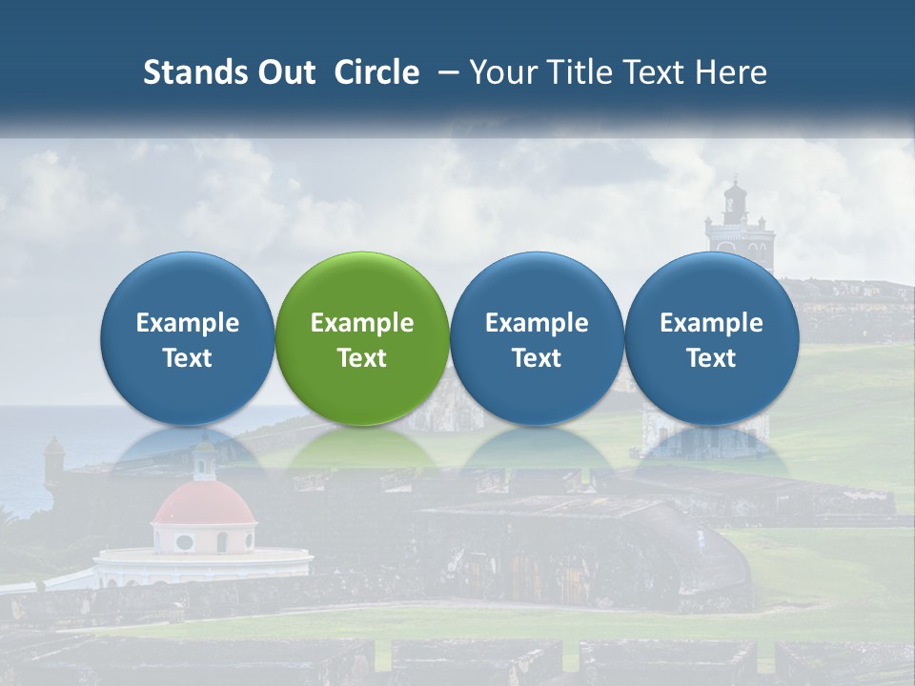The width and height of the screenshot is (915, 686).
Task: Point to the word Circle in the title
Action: (x=376, y=72)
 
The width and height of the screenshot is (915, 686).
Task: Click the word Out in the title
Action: (x=284, y=72)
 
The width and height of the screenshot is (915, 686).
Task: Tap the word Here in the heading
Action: (x=731, y=72)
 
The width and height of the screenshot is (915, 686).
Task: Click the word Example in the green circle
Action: (x=362, y=323)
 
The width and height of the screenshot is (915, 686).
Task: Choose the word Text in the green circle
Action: (x=362, y=358)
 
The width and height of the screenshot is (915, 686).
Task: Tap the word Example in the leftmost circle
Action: (x=188, y=323)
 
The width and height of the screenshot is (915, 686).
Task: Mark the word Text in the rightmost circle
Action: (x=712, y=358)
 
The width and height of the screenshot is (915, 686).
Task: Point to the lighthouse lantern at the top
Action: (x=735, y=199)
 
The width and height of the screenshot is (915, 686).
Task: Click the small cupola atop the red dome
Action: (x=204, y=459)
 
